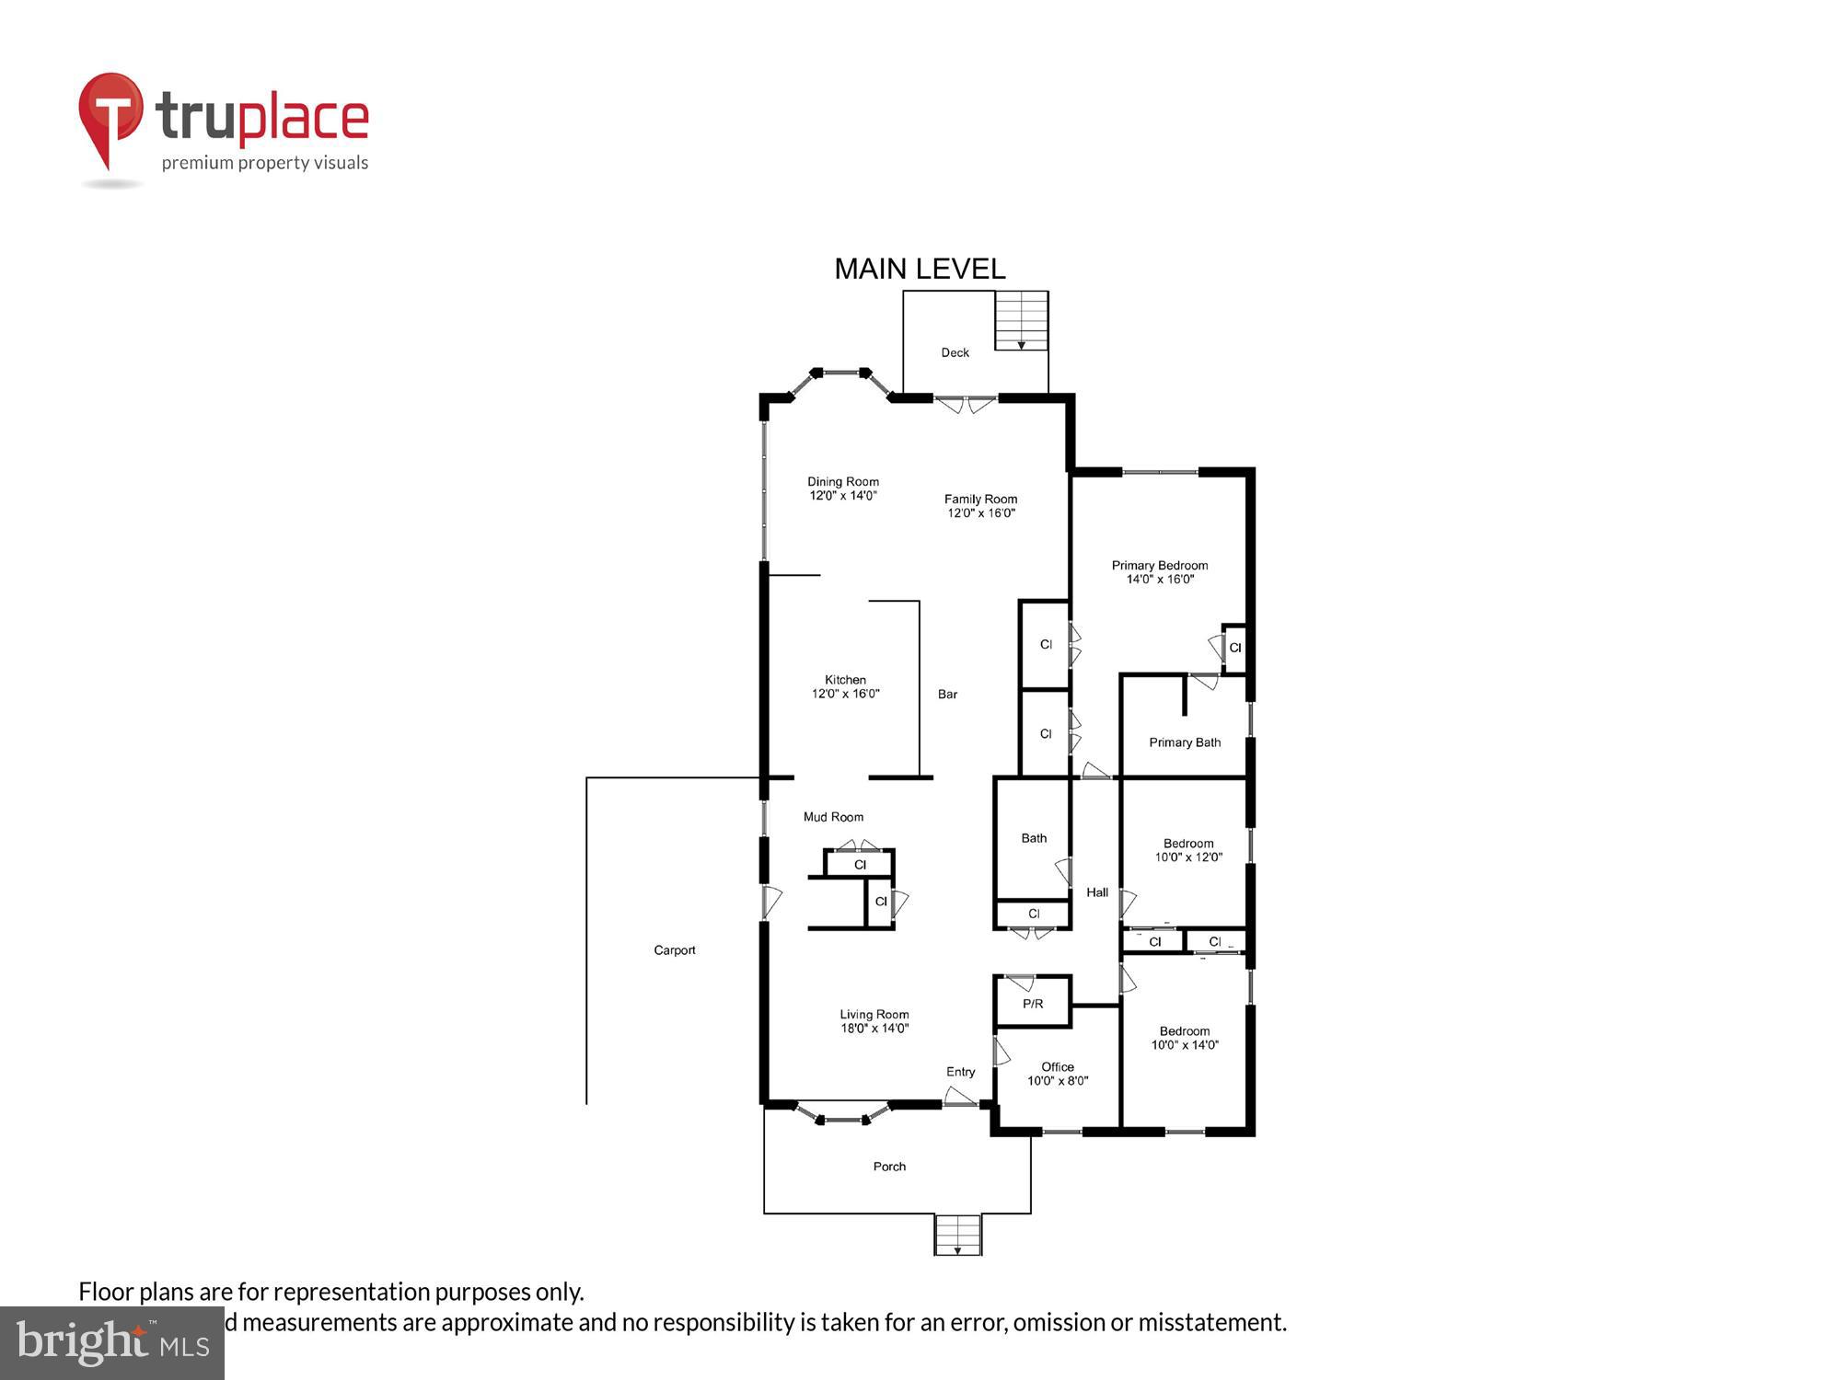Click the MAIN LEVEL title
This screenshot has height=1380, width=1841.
(x=920, y=269)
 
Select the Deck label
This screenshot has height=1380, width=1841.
(x=955, y=352)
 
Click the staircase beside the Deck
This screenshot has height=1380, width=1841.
(x=1021, y=320)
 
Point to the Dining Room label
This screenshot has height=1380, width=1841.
(x=843, y=481)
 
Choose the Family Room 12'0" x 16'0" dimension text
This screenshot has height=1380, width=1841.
(x=981, y=513)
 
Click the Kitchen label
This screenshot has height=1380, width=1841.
(x=845, y=680)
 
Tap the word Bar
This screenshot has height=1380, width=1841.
(x=947, y=695)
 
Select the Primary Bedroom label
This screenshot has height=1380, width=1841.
(x=1160, y=565)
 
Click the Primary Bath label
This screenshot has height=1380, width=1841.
(x=1185, y=742)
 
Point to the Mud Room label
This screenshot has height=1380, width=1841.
(x=833, y=817)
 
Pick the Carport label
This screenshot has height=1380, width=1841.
(x=675, y=950)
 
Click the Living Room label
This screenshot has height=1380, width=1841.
(x=874, y=1014)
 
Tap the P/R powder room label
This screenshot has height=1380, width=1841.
(x=1033, y=1004)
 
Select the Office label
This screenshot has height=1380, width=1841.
(x=1058, y=1067)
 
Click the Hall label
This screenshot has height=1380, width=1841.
(x=1097, y=892)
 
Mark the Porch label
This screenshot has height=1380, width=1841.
(x=889, y=1167)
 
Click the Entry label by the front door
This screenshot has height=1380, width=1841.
(x=960, y=1072)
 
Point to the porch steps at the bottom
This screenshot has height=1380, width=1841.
(x=958, y=1235)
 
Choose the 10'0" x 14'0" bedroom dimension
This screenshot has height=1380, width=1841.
(x=1185, y=1045)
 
